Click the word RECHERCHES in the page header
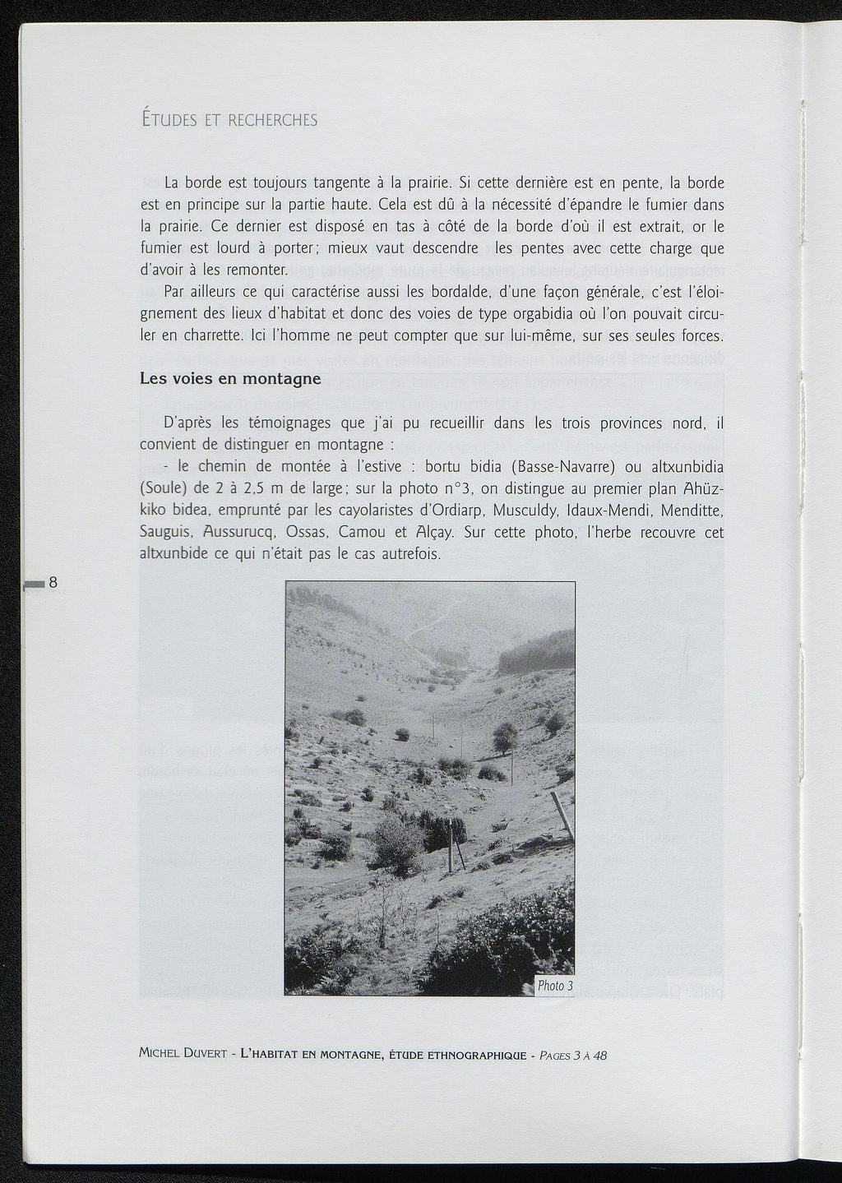point(272,120)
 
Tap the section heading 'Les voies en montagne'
point(230,379)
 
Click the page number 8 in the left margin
point(53,583)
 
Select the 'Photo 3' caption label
point(554,986)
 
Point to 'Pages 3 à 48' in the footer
point(573,1056)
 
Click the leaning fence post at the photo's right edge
point(562,814)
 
